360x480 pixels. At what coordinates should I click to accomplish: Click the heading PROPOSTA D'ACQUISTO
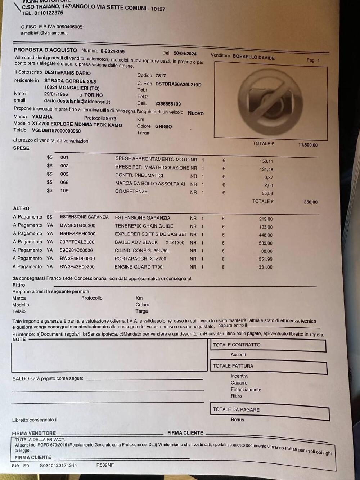coord(45,50)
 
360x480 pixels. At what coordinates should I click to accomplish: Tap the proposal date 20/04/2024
coord(185,53)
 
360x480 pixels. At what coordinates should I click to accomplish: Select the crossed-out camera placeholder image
coord(270,100)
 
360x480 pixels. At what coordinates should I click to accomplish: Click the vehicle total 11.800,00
coord(308,145)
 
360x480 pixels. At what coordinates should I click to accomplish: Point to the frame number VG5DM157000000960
coord(56,131)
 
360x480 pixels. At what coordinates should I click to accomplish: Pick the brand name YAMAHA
coord(42,117)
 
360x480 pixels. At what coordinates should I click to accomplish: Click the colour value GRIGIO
coord(163,126)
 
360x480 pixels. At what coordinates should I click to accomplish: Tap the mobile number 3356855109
coord(168,104)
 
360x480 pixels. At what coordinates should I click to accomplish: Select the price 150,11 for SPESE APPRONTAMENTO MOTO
coord(266,161)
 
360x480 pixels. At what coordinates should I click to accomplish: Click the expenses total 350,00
coord(310,202)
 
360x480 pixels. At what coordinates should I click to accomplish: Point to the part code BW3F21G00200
coord(77,225)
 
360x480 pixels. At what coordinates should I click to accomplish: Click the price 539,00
coord(266,243)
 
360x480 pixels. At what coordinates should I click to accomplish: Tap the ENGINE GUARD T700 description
coord(139,267)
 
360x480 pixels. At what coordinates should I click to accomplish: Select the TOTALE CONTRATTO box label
coord(237,345)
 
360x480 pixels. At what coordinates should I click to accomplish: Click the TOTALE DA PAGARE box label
coord(236,409)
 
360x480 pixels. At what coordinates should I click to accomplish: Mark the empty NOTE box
coord(110,356)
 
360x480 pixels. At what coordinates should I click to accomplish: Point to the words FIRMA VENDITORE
coord(34,433)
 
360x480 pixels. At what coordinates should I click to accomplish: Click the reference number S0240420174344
coord(58,465)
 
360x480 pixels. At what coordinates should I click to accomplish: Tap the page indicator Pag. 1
coord(313,60)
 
